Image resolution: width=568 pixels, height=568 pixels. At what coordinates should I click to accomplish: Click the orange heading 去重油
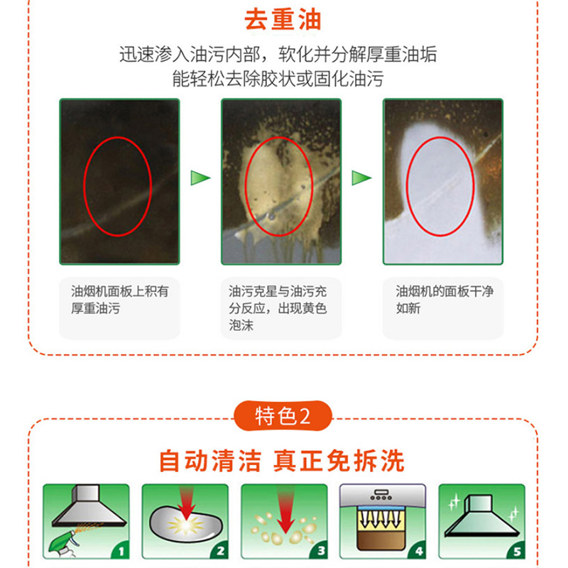click(283, 19)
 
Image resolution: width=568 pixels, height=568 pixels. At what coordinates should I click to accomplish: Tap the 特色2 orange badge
click(283, 415)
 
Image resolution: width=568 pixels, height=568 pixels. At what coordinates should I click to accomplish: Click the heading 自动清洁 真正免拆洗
click(282, 461)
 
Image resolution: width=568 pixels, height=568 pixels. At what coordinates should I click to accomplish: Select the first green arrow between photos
click(200, 178)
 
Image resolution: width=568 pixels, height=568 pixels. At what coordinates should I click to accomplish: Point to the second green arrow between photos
click(361, 178)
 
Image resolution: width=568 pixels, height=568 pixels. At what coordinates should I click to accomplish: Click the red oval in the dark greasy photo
click(84, 187)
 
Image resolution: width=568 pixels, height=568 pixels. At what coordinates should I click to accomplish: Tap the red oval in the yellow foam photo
click(246, 187)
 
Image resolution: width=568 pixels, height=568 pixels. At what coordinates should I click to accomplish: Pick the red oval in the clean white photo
click(407, 187)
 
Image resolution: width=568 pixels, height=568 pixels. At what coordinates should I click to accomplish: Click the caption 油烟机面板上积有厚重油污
click(119, 300)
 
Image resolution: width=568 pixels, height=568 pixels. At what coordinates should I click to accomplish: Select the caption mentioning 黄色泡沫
click(278, 308)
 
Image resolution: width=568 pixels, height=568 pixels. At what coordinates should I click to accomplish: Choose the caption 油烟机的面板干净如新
click(444, 300)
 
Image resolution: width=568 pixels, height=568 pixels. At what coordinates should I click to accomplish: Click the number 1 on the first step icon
click(121, 552)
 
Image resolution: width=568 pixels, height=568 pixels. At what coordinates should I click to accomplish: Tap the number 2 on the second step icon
click(220, 552)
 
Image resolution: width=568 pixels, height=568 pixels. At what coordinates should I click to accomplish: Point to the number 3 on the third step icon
click(321, 551)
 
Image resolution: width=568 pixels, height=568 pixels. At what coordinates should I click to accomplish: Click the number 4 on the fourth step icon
click(419, 552)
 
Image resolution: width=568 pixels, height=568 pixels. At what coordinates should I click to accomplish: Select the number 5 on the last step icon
click(518, 552)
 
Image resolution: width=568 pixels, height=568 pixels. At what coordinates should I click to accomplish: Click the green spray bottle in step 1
click(62, 544)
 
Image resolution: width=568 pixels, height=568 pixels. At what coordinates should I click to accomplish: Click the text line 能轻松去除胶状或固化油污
click(278, 79)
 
